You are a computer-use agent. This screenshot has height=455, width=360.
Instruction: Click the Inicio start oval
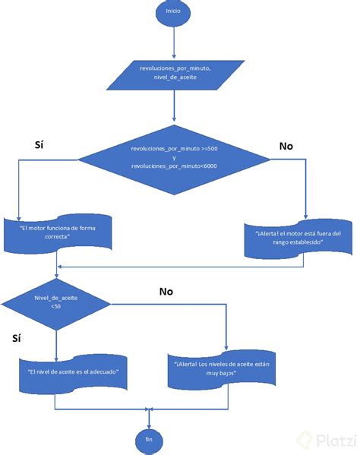174,13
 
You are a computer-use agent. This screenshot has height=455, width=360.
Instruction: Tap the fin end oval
149,439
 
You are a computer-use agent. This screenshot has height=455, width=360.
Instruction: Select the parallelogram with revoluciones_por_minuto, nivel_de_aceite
174,72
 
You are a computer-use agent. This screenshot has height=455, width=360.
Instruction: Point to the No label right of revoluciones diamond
286,145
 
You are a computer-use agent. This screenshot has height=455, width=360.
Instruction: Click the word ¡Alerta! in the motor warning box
268,233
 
